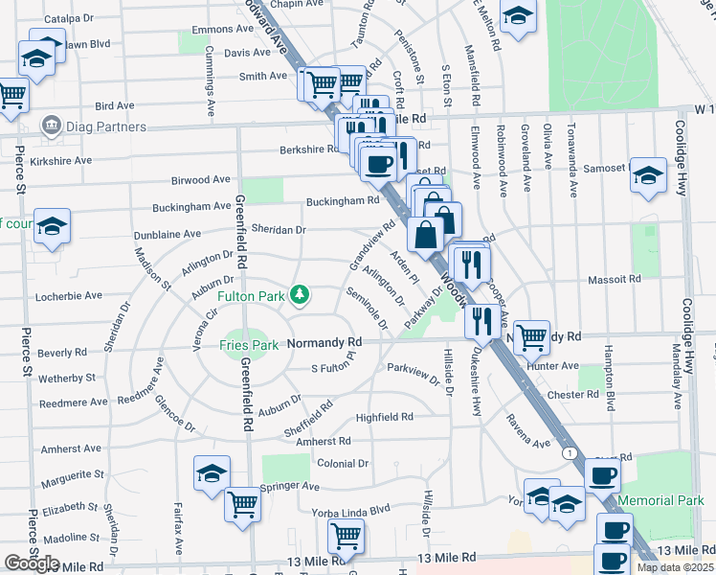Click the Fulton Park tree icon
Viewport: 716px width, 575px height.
[300, 293]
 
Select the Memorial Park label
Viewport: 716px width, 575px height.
[660, 500]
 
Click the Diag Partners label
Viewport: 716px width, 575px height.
[105, 126]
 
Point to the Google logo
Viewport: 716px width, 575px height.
[32, 563]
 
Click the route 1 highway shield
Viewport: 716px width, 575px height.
[570, 452]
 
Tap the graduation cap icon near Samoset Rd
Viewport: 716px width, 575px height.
[648, 174]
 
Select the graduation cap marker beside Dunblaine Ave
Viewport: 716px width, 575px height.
[52, 226]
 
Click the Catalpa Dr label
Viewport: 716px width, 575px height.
[69, 18]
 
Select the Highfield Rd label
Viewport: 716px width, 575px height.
[384, 417]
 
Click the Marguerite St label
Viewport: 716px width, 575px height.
[73, 474]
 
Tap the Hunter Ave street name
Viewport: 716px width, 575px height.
[552, 365]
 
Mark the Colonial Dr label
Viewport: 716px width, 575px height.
[343, 463]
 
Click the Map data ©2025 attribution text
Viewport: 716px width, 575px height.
[675, 567]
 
